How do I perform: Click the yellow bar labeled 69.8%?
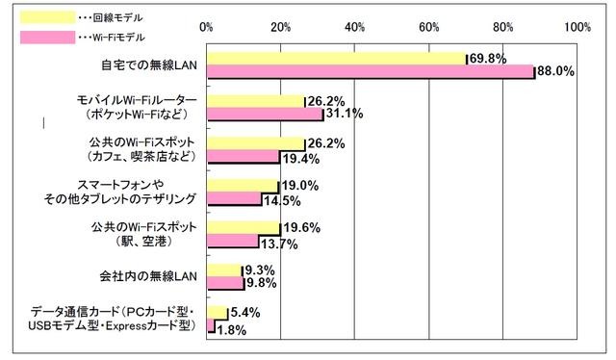coord(336,59)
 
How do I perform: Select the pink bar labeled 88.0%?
coord(371,71)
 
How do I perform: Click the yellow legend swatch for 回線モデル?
coord(47,17)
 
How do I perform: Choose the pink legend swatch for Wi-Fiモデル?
coord(47,38)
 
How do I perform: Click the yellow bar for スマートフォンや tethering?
coord(242,187)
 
